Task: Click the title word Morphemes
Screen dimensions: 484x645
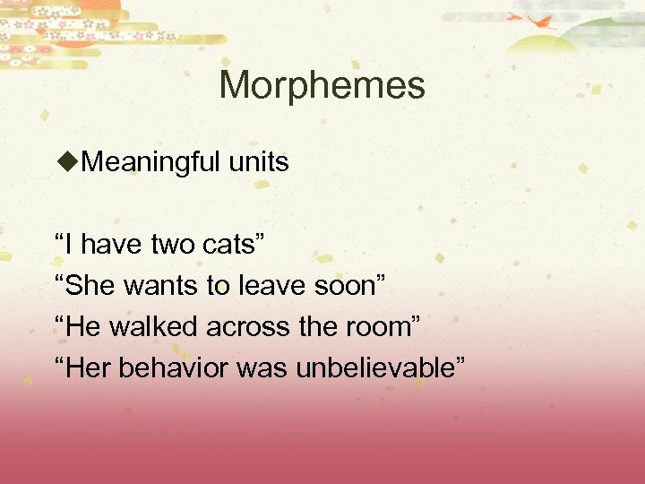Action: pos(322,86)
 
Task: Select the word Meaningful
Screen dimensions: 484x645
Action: pos(144,162)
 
